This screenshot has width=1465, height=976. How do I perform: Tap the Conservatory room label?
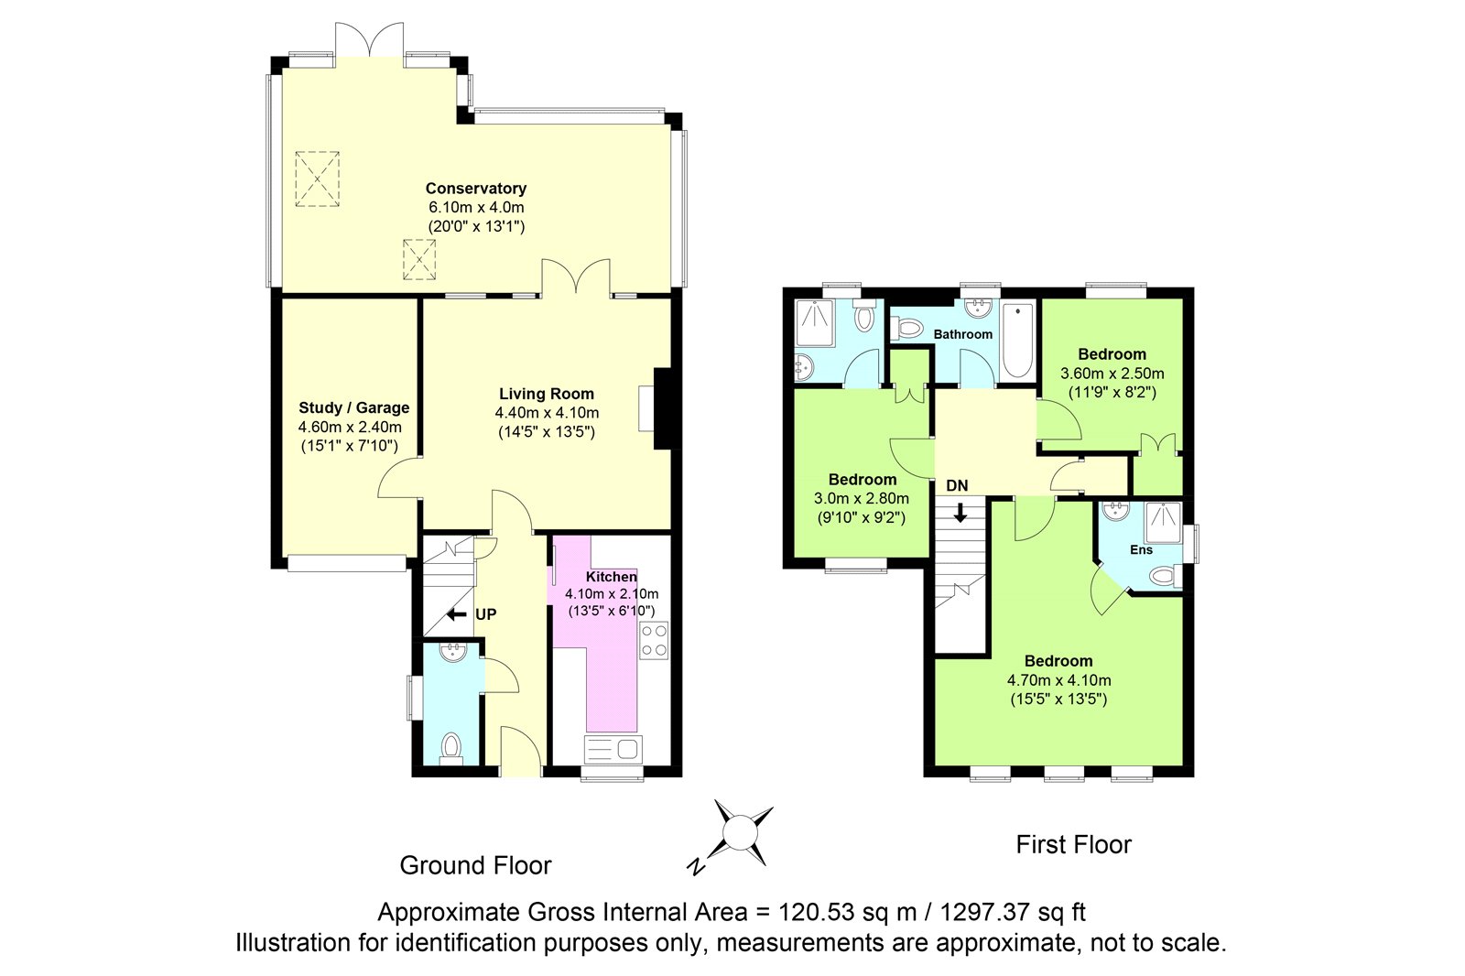click(x=476, y=189)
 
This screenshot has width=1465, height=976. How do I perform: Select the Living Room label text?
click(x=547, y=394)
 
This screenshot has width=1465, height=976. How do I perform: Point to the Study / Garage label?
click(x=353, y=407)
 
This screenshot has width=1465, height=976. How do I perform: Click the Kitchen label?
click(x=611, y=576)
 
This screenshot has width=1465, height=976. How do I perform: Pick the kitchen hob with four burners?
click(x=654, y=640)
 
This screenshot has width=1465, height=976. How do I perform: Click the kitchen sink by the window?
click(x=613, y=749)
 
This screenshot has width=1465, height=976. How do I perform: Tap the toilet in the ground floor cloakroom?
click(x=451, y=748)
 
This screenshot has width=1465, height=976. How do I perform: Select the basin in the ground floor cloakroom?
click(x=452, y=652)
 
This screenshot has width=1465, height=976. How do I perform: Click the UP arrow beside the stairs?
click(x=457, y=614)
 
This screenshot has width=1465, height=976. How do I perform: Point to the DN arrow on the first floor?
click(x=960, y=512)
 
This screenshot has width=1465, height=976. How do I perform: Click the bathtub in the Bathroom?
click(x=1017, y=341)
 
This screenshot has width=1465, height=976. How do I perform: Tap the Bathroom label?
click(x=962, y=334)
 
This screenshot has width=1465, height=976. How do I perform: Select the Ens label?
click(x=1141, y=550)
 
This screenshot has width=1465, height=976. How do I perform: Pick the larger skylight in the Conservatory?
click(x=317, y=179)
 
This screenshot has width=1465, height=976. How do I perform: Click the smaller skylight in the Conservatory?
click(x=419, y=260)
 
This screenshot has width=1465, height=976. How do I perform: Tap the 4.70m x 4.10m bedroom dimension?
click(x=1058, y=680)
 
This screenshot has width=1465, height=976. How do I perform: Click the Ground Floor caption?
click(x=475, y=865)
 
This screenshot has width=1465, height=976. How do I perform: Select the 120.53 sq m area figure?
click(x=847, y=912)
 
